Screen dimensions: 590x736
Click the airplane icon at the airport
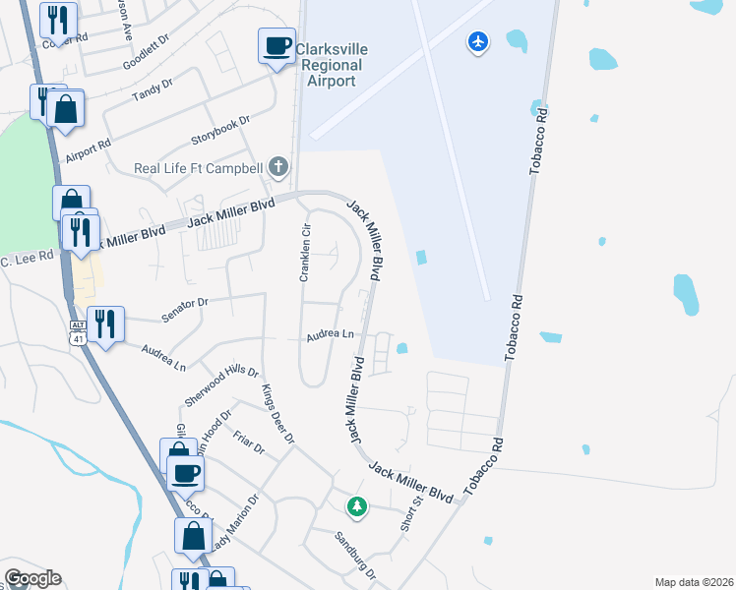(x=478, y=42)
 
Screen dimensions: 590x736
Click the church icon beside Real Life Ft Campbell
(x=278, y=167)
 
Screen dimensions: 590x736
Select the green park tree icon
(x=356, y=507)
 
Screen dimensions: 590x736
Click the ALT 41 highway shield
(x=78, y=331)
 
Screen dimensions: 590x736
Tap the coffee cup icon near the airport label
(x=276, y=45)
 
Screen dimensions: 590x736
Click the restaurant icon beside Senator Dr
(x=105, y=324)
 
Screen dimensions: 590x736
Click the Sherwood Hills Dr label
(x=220, y=387)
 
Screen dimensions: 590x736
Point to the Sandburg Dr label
(x=355, y=554)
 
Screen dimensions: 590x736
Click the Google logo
(x=33, y=578)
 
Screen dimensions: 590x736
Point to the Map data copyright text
(x=694, y=582)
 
